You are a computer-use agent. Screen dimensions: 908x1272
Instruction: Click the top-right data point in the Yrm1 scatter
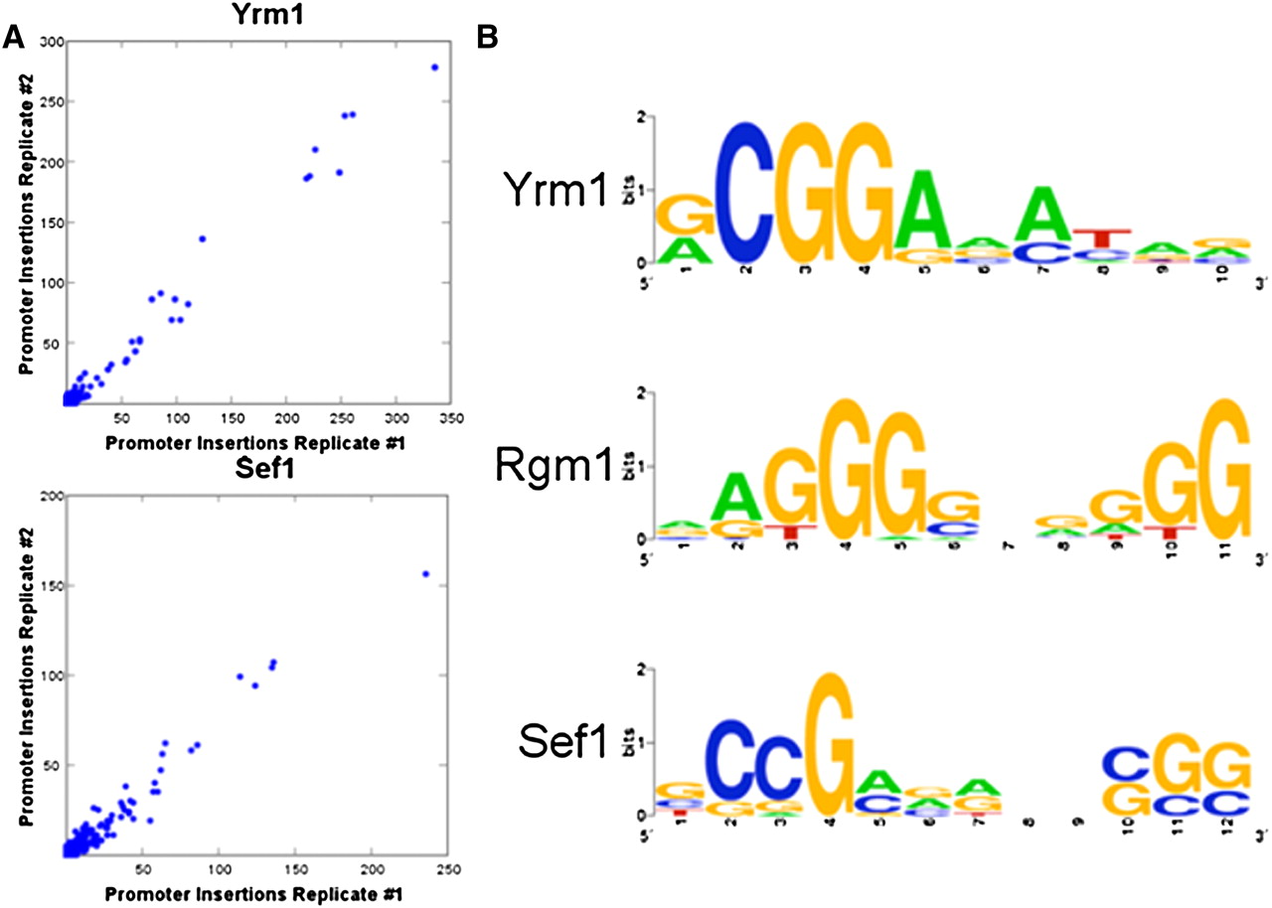(434, 68)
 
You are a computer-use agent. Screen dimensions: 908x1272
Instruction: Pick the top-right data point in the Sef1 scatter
(425, 574)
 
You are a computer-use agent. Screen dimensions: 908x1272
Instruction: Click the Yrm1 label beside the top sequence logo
(556, 189)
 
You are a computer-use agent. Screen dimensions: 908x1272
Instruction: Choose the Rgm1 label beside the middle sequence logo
(555, 466)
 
